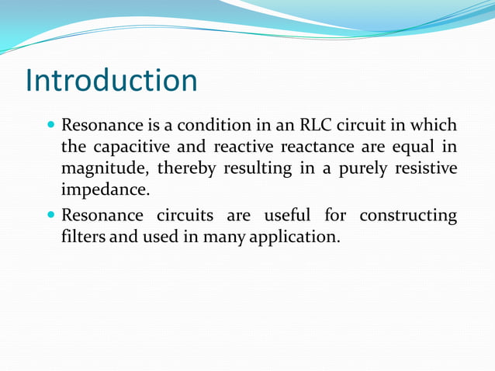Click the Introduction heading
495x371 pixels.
112,81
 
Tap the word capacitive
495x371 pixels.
126,147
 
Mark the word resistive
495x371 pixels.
427,168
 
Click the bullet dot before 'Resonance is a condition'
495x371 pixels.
51,125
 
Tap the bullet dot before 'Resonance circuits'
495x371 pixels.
51,215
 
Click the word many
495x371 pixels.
224,237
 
